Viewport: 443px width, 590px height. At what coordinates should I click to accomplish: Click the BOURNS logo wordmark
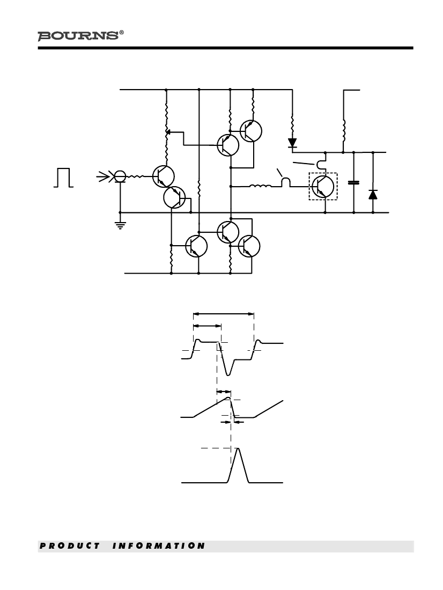coord(78,36)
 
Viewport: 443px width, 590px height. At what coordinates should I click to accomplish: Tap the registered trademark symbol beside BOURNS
coord(121,33)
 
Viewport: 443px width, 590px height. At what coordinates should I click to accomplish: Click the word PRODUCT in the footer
coord(70,546)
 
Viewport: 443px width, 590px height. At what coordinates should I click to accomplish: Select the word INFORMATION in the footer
coord(158,546)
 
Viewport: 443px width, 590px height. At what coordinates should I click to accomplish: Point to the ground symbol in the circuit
coord(120,225)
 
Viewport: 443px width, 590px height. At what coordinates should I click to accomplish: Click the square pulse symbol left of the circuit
coord(63,178)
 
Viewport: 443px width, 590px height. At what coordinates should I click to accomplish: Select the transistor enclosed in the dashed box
coord(323,186)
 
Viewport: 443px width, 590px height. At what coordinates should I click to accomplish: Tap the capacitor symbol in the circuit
coord(353,182)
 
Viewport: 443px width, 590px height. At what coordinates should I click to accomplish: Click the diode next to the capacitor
coord(373,195)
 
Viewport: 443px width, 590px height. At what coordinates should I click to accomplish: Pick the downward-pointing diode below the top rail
coord(292,143)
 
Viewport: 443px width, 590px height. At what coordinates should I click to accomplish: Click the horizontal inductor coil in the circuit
coord(261,186)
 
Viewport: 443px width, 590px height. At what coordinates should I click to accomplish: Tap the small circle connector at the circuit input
coord(120,176)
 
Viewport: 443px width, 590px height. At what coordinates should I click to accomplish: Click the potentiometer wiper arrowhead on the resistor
coord(168,132)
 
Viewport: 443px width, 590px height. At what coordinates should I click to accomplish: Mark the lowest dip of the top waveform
coord(228,374)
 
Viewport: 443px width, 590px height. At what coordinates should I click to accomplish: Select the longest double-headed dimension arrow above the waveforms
coord(224,313)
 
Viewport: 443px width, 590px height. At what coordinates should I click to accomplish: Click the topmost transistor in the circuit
coord(250,130)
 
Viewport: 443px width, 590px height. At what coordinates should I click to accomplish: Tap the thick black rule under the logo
coord(225,48)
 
